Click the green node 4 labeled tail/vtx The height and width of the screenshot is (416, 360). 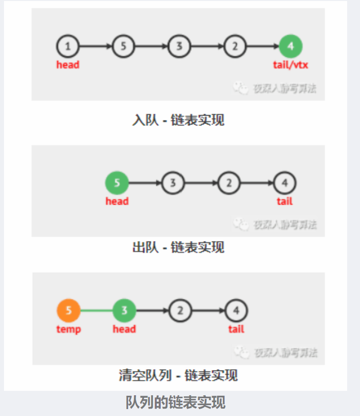[x=291, y=46]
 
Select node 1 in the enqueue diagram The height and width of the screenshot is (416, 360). [x=68, y=46]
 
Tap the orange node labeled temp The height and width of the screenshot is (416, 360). [x=69, y=311]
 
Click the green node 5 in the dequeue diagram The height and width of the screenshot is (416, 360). [x=117, y=183]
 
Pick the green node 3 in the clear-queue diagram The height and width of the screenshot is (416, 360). [x=124, y=311]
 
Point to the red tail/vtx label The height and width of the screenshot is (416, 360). [x=291, y=65]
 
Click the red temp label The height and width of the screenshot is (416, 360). [x=69, y=329]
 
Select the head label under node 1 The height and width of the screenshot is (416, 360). [x=68, y=65]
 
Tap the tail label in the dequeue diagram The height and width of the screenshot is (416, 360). [x=285, y=201]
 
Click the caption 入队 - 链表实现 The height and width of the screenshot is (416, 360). [x=179, y=120]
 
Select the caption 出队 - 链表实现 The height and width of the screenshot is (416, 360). [x=179, y=247]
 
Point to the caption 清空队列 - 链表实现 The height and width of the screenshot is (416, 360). [x=179, y=375]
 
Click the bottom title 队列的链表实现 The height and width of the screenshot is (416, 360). [x=176, y=402]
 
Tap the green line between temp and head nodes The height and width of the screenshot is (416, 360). [x=96, y=311]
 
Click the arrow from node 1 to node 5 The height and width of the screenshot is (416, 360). [x=96, y=46]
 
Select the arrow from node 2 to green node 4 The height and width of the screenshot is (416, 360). [x=263, y=46]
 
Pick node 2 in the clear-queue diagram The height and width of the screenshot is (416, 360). [x=180, y=311]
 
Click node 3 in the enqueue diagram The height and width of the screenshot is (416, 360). [x=180, y=46]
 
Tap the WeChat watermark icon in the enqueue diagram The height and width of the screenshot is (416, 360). [x=241, y=88]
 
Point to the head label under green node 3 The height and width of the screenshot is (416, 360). [x=124, y=329]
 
